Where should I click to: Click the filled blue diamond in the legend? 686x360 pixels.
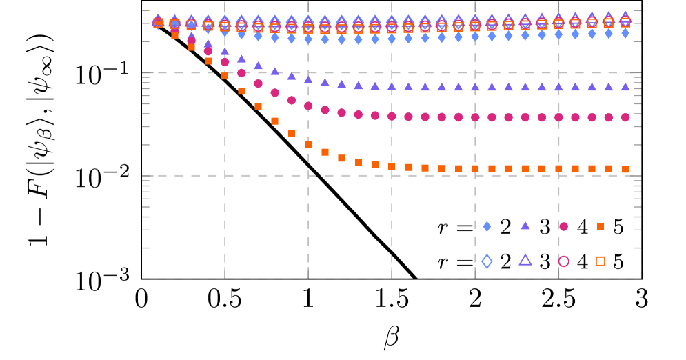coord(487,226)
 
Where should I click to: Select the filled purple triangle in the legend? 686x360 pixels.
coord(525,226)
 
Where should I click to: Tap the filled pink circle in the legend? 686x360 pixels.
coord(564,226)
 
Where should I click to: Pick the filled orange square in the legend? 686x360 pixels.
coord(601,226)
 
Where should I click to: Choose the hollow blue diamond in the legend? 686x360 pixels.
coord(487,261)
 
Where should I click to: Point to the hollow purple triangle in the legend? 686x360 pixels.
coord(525,260)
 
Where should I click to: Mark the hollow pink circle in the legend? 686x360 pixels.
coord(564,261)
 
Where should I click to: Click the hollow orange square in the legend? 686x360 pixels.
coord(601,261)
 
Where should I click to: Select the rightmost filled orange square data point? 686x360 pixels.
coord(625,169)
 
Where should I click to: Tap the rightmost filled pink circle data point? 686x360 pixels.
coord(625,117)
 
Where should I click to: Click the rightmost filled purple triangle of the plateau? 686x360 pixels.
coord(625,87)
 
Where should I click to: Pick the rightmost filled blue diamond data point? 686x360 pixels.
coord(625,33)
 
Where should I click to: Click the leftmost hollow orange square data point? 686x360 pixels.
coord(158,23)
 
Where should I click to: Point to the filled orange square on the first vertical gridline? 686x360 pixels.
coord(225,76)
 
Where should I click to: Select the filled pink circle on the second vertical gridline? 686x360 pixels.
coord(308,106)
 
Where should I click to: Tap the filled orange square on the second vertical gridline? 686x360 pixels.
coord(308,145)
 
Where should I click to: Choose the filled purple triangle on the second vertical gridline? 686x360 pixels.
coord(308,79)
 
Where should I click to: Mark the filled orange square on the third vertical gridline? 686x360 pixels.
coord(392,166)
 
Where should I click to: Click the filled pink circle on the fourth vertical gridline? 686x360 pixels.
coord(475,117)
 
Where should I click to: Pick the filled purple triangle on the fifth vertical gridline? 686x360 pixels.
coord(558,87)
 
